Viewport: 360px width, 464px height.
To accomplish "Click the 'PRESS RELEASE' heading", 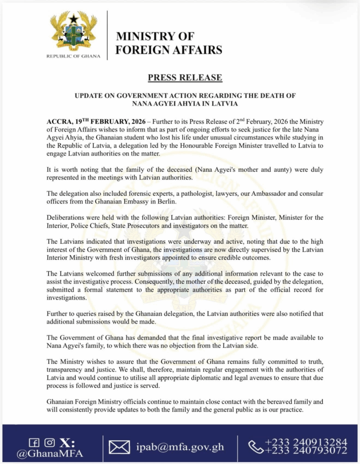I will click(185, 77).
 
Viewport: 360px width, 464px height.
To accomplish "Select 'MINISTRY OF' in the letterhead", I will click(155, 36).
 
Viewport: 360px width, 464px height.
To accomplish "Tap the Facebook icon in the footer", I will click(34, 443).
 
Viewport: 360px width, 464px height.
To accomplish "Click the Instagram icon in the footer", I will click(50, 443).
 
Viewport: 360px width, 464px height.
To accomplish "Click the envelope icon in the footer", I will click(119, 448).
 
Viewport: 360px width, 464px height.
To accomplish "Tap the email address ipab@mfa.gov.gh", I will click(180, 447).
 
